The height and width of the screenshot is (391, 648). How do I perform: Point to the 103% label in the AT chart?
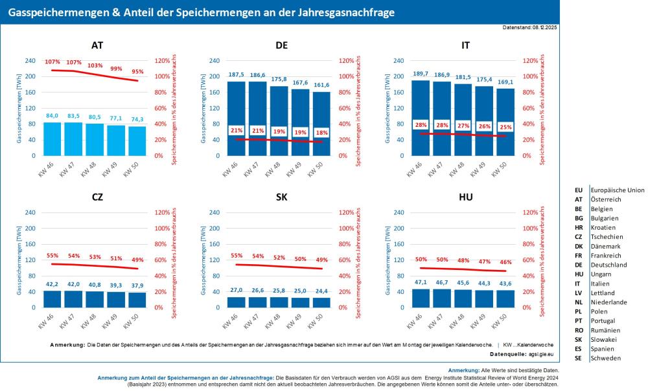coord(95,65)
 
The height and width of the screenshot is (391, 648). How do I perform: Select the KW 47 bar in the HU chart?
coord(441,298)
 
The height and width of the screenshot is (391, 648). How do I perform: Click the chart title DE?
coord(281,46)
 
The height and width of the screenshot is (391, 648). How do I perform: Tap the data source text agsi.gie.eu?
coord(544,355)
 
